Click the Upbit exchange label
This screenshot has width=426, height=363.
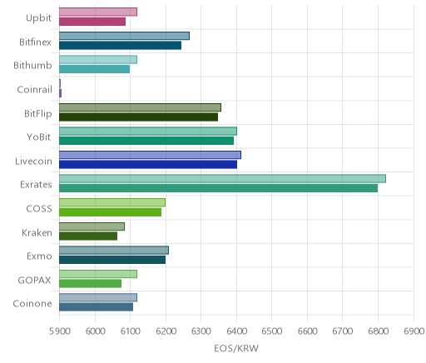click(38, 18)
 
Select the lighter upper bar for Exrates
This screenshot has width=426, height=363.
click(222, 179)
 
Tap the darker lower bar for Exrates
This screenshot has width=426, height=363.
click(218, 188)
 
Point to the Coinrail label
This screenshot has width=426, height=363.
click(34, 89)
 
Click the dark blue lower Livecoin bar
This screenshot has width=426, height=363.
click(148, 164)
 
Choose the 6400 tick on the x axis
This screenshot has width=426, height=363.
click(236, 331)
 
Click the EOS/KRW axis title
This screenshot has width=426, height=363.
click(236, 348)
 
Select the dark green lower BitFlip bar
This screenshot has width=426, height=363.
click(138, 117)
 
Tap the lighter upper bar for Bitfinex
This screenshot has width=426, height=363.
click(124, 36)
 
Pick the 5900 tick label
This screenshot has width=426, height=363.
click(59, 331)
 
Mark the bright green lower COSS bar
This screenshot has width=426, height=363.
click(110, 212)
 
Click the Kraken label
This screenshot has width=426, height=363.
click(37, 232)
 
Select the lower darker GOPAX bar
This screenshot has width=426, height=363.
click(90, 283)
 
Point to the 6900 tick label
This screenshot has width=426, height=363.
click(414, 331)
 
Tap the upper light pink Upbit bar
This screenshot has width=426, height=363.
click(98, 12)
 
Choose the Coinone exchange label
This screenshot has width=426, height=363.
click(32, 304)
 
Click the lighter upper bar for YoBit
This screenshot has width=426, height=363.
click(148, 131)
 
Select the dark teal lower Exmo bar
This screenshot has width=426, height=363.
click(112, 260)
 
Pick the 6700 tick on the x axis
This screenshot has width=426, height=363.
click(343, 331)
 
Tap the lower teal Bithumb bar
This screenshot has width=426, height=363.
click(94, 69)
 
